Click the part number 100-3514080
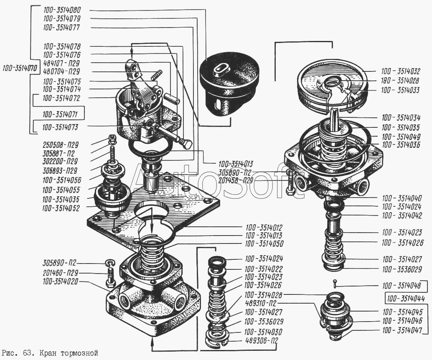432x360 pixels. pos(62,10)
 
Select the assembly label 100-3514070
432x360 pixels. pos(20,68)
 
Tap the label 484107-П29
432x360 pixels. pos(61,63)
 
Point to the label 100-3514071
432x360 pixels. pos(60,114)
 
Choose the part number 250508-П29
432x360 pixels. pos(61,145)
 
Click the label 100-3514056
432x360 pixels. pos(62,180)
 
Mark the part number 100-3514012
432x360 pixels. pos(264,228)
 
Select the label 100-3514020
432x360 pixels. pos(60,281)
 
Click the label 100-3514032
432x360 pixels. pos(401,71)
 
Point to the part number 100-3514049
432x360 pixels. pos(401,137)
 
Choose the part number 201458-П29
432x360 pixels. pos(236,181)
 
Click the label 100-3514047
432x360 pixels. pos(402,330)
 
